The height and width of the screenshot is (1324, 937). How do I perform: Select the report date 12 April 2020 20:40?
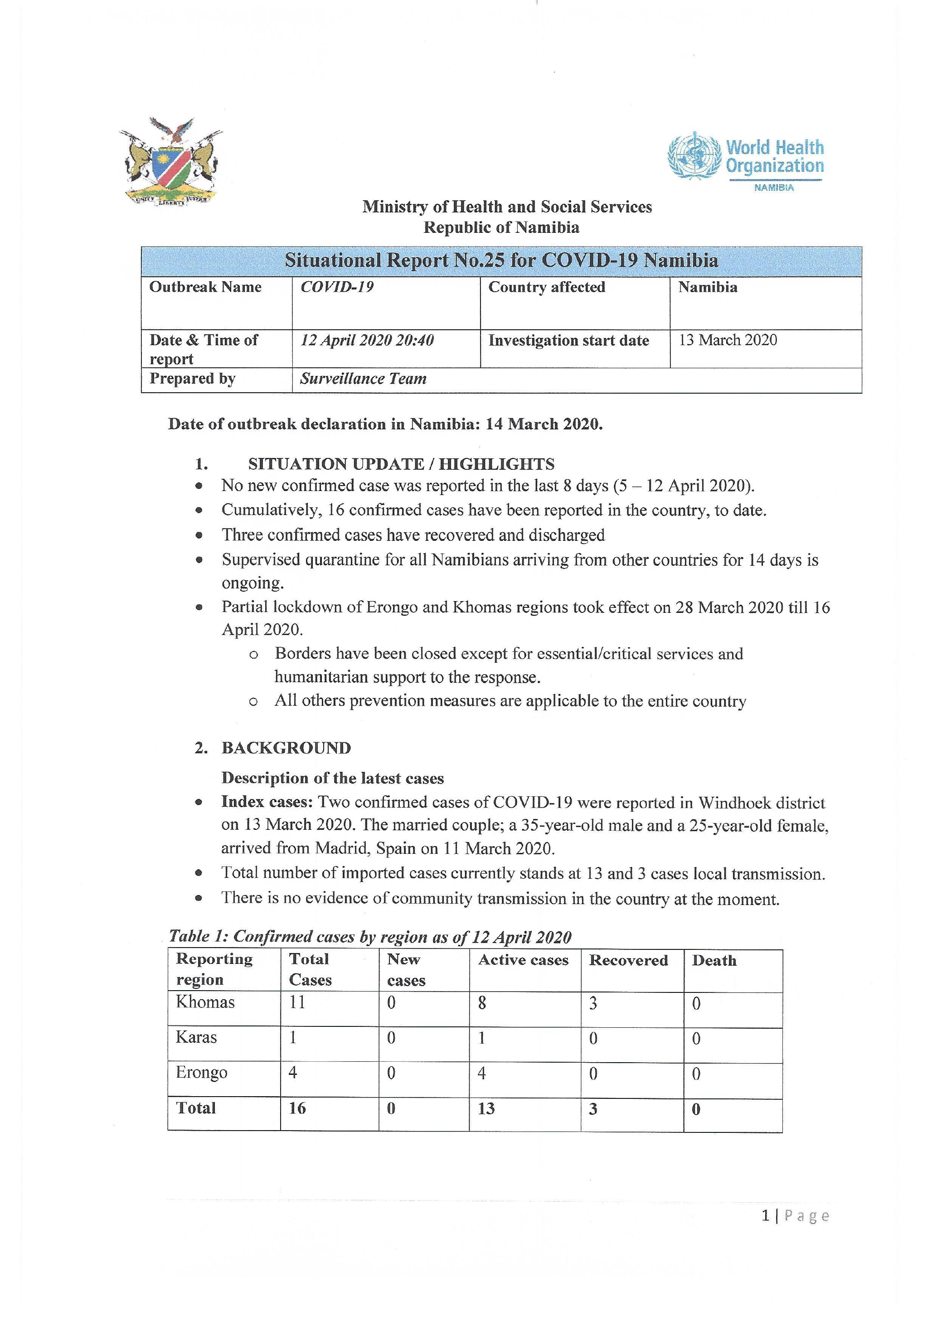367,340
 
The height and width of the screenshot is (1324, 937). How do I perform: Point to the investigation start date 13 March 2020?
728,340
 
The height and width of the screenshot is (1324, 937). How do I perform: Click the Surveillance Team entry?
363,379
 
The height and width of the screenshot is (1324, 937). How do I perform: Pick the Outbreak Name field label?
205,287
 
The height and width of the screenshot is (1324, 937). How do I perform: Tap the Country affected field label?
546,287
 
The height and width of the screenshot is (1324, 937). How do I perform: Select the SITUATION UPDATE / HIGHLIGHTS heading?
401,464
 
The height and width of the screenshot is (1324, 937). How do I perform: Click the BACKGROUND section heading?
286,748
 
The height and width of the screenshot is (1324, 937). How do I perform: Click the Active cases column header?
523,960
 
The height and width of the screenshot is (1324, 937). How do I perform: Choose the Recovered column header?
628,961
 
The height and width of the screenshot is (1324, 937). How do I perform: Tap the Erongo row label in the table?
201,1073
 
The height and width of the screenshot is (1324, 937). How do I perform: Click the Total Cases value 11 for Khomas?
297,1002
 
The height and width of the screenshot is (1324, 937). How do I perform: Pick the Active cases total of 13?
486,1108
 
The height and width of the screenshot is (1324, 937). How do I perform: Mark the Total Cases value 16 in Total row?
297,1108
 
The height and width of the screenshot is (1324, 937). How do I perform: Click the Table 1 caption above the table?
370,936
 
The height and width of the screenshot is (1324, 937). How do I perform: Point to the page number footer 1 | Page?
795,1216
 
